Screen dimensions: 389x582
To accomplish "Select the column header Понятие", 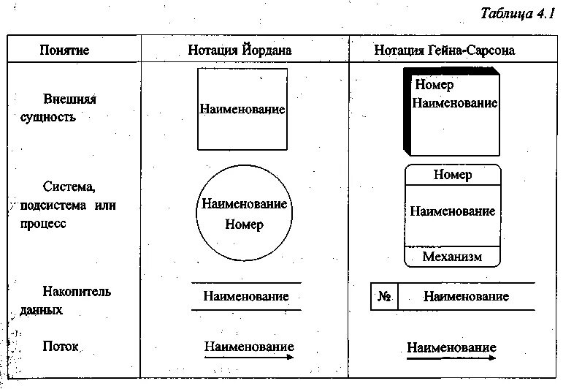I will [x=64, y=50].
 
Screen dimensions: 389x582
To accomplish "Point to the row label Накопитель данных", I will [x=66, y=301].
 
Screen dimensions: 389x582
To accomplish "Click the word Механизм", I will [x=452, y=257].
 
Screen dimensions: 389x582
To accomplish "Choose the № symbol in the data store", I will [x=385, y=297].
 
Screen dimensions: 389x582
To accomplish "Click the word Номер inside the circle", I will [x=243, y=224].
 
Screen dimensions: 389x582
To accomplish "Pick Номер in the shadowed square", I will [x=434, y=85].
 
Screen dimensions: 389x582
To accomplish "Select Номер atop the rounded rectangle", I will [x=452, y=175].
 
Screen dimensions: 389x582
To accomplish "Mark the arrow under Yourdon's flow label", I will [x=249, y=358].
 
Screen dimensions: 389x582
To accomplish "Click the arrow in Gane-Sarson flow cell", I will [x=451, y=359].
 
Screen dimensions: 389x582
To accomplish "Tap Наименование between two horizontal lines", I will [x=246, y=296].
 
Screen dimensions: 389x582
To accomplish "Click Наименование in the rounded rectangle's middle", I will [x=452, y=211].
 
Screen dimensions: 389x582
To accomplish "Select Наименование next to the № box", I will [x=466, y=297].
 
